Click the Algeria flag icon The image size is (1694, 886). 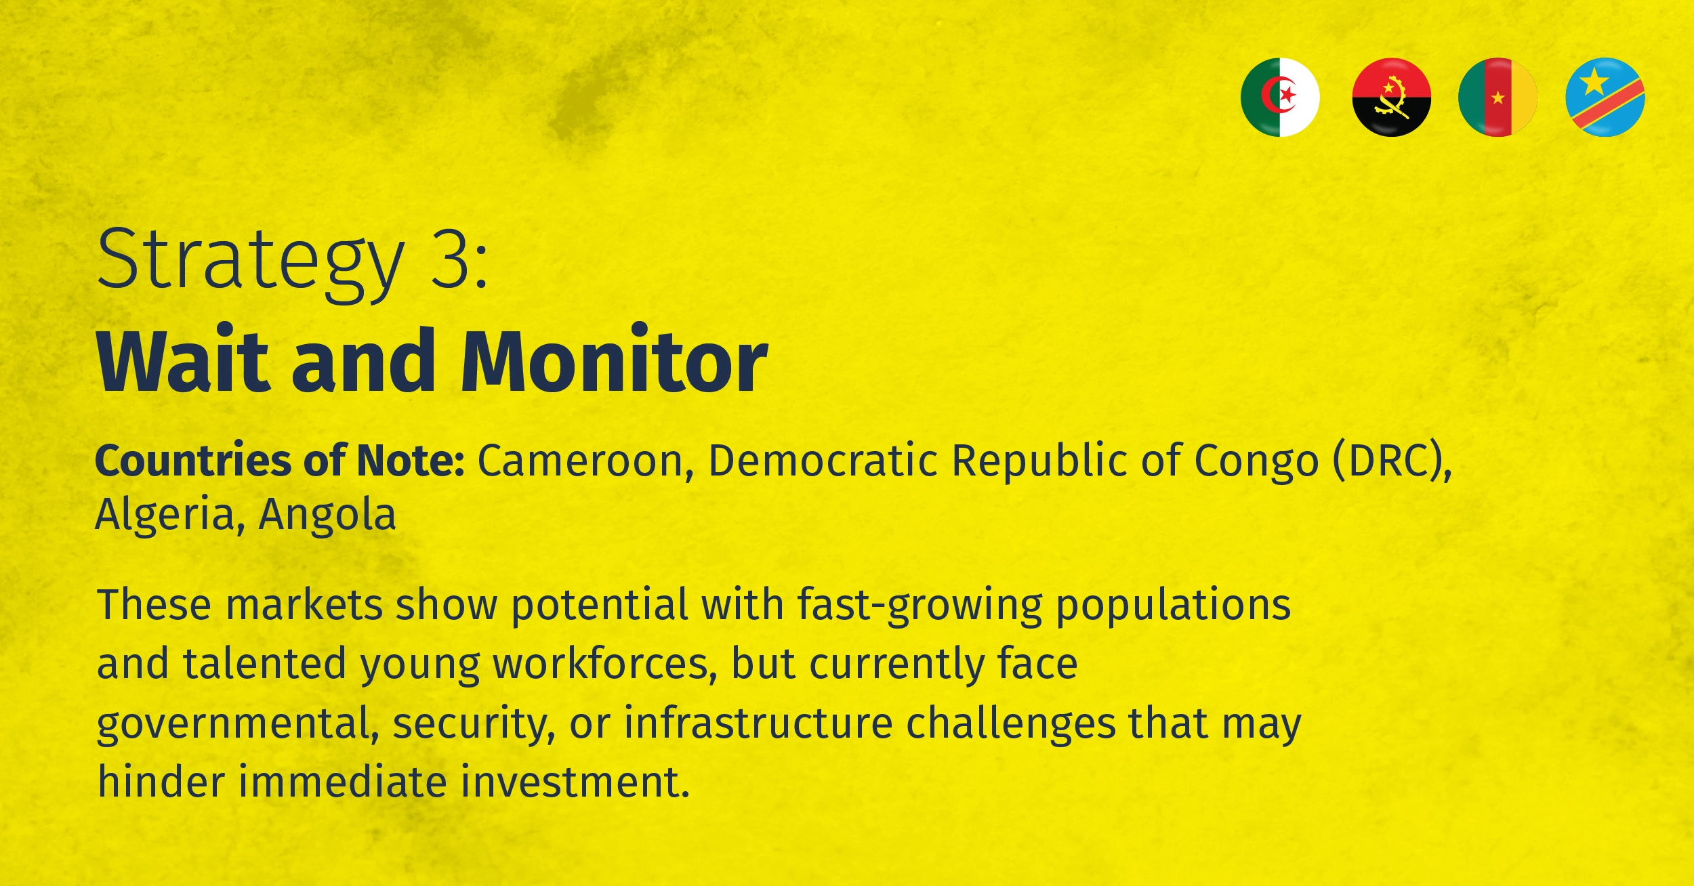pyautogui.click(x=1280, y=98)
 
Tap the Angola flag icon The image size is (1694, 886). pyautogui.click(x=1391, y=98)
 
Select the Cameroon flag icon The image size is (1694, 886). pyautogui.click(x=1497, y=98)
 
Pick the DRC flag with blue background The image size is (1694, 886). pyautogui.click(x=1605, y=98)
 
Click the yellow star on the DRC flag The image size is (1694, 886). pyautogui.click(x=1594, y=82)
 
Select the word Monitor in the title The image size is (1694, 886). pyautogui.click(x=615, y=360)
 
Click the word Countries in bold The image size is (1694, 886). pyautogui.click(x=192, y=461)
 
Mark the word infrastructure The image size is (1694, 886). pyautogui.click(x=758, y=723)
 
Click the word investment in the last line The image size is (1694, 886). pyautogui.click(x=576, y=782)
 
